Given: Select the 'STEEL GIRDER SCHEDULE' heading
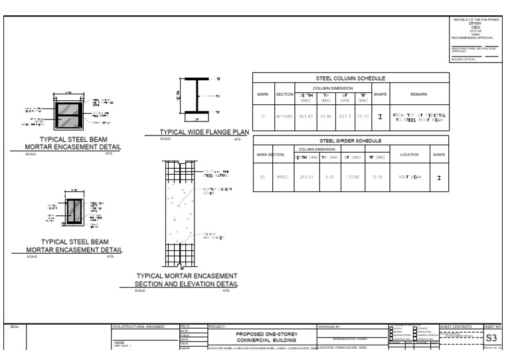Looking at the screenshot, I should (x=351, y=141).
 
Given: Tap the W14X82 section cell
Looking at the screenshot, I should (x=285, y=116).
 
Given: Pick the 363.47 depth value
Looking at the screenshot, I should (x=307, y=116).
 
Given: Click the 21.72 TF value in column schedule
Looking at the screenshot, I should (x=362, y=116).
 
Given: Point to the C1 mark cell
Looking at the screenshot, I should (x=263, y=116).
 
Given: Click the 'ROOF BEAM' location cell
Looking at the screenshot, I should (x=405, y=178).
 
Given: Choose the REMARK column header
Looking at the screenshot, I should (x=419, y=94).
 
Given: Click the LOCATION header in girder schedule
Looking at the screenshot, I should (x=405, y=155).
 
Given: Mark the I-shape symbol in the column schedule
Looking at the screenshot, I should (x=381, y=116).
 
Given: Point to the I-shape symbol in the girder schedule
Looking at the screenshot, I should (x=439, y=178).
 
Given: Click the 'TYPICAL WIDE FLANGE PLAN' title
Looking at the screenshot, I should (x=199, y=132).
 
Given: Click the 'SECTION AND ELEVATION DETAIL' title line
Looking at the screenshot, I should (x=177, y=284).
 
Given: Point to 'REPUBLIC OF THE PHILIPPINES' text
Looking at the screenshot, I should (x=474, y=20).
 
